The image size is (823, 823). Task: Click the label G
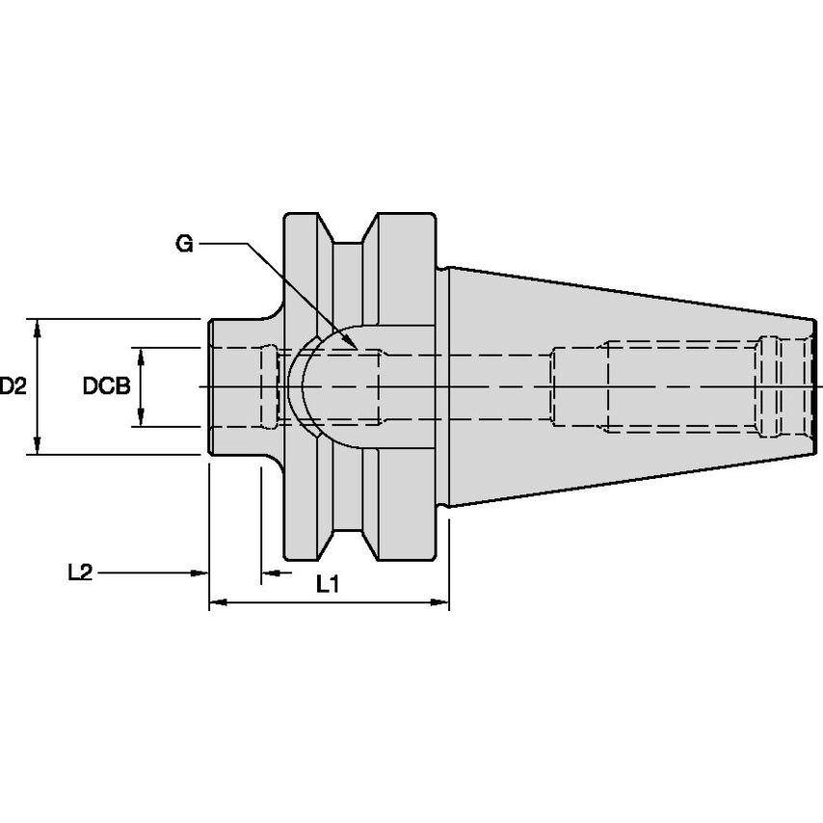tap(184, 243)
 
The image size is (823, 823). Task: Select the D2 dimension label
tap(13, 386)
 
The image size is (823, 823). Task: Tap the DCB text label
tap(106, 386)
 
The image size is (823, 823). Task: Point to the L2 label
tap(80, 572)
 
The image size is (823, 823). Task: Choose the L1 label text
tap(328, 584)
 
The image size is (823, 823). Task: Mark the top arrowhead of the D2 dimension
tap(38, 326)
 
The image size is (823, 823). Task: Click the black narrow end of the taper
tap(816, 385)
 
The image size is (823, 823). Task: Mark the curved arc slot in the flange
tap(301, 385)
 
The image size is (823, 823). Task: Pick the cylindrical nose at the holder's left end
tap(231, 385)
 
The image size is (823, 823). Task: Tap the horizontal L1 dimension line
tap(329, 603)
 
